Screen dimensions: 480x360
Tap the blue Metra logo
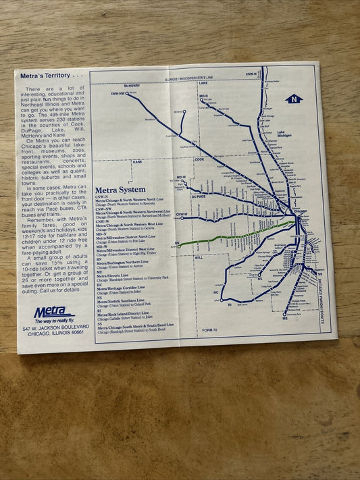(51, 312)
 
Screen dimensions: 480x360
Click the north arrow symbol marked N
(294, 99)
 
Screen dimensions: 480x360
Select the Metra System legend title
(120, 190)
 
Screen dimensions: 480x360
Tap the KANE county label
(137, 162)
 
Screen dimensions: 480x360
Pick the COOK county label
(199, 159)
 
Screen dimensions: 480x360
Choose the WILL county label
(199, 257)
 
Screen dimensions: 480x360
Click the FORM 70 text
(202, 329)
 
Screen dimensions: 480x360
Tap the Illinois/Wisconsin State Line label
(203, 80)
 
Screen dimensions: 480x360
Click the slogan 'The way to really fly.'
(54, 320)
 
